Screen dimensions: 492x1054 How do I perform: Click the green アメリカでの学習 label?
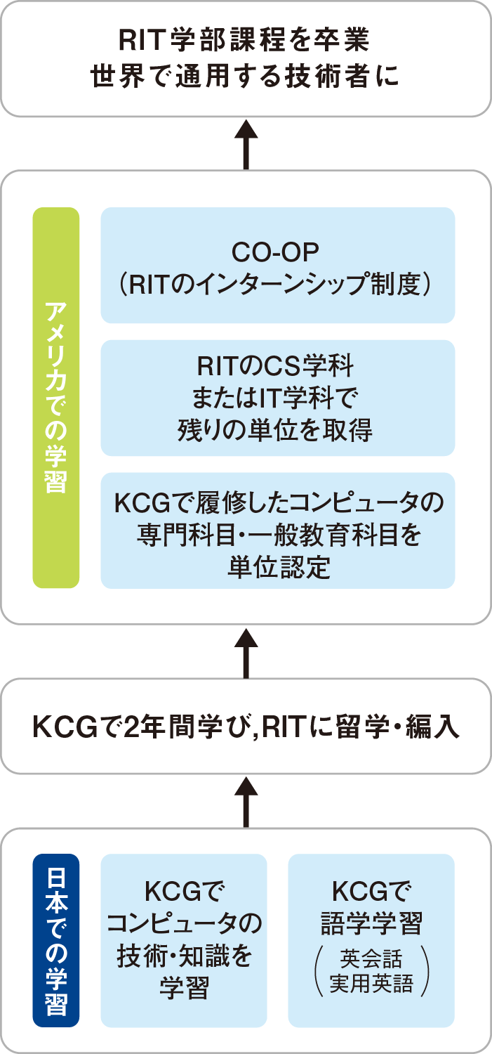click(56, 398)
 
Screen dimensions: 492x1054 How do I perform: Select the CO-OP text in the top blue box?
click(275, 253)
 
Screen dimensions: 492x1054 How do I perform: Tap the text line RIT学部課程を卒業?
click(244, 40)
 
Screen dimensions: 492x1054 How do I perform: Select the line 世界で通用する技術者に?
click(244, 76)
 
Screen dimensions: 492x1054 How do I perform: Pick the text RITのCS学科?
click(275, 366)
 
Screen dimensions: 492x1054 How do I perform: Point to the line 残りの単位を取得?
click(275, 430)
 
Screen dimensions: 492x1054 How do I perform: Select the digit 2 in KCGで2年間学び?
click(132, 727)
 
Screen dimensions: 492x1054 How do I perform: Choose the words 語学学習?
click(371, 923)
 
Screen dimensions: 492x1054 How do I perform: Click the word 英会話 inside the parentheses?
click(371, 958)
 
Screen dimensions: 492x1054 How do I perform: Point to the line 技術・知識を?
click(184, 956)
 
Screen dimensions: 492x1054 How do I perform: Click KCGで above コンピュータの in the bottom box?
click(184, 891)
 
